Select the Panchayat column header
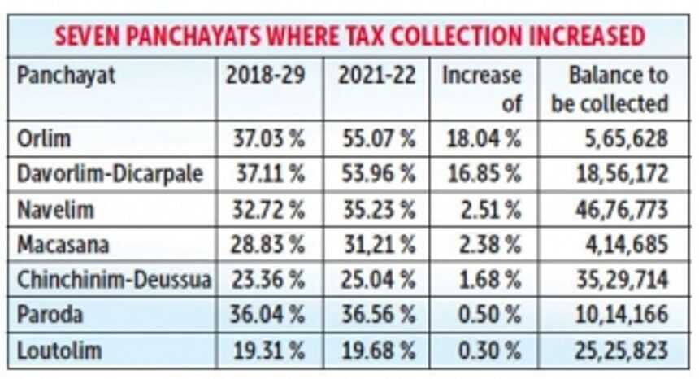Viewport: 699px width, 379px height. (66, 76)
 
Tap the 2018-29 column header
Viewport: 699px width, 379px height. (264, 76)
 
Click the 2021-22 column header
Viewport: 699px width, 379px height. (376, 76)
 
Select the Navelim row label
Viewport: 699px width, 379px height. (54, 210)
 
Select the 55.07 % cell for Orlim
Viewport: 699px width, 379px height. (376, 138)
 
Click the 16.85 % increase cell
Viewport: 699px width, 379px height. (483, 174)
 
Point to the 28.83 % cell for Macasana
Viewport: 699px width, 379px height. (265, 245)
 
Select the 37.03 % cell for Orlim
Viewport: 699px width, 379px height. (265, 138)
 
